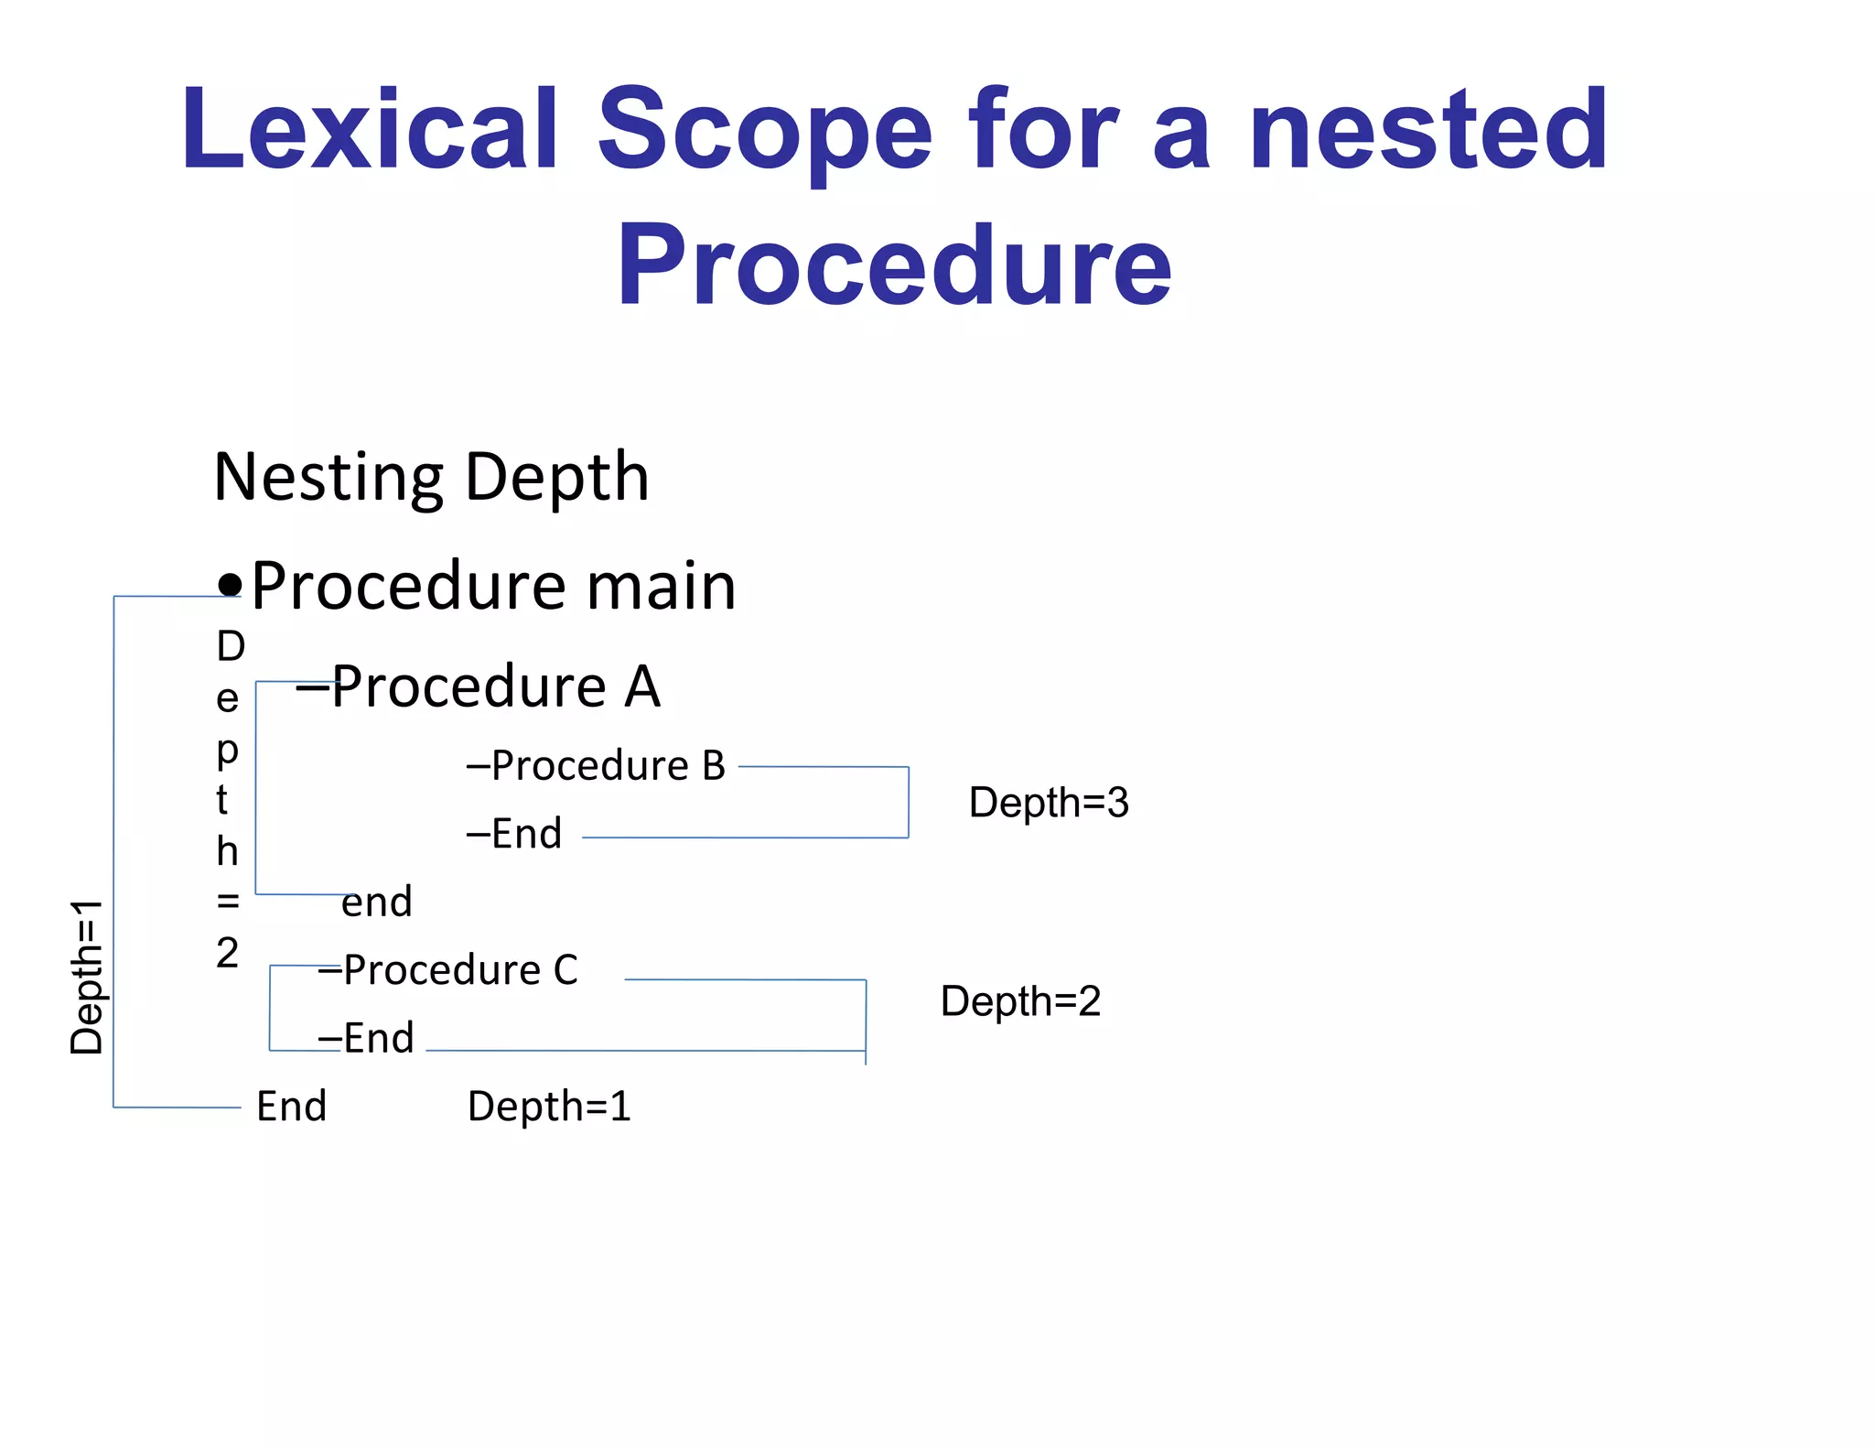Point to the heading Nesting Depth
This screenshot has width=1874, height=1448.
point(431,477)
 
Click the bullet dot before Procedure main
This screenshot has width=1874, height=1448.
point(230,584)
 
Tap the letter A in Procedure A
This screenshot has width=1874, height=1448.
point(642,686)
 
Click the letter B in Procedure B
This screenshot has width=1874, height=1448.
point(713,765)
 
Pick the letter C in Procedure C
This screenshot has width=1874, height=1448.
point(565,970)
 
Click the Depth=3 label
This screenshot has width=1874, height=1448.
point(1049,803)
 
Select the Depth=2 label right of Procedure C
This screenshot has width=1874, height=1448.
point(1020,1001)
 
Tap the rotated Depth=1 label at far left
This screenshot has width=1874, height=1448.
point(87,977)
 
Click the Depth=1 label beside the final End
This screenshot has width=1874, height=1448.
point(549,1107)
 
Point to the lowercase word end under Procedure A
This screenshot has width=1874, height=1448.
point(376,902)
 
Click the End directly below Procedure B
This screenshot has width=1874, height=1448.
point(526,834)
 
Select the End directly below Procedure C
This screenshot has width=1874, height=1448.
point(378,1038)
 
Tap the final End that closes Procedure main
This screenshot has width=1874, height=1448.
point(291,1107)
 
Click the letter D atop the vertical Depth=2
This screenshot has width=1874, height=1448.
point(231,647)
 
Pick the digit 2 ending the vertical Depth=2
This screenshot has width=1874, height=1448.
point(227,954)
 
